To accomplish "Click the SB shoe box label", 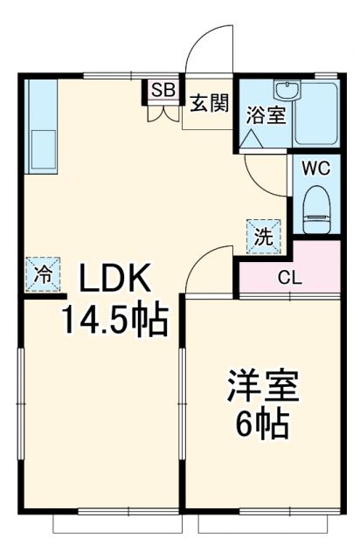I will pos(163,89).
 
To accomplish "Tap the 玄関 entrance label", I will pos(209,102).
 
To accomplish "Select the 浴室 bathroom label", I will pos(265,114).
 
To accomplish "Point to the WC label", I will pos(315,169).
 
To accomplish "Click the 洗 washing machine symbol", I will pos(263,235).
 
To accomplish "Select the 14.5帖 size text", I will pos(113,322).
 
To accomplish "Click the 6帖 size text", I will pos(262,424).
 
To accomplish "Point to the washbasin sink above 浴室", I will pos(286,90).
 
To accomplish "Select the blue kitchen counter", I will pos(41,125).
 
